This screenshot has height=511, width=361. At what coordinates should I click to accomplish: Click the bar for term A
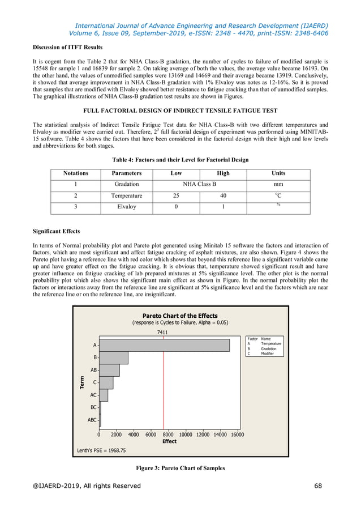[164, 344]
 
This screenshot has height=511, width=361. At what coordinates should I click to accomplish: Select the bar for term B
[114, 357]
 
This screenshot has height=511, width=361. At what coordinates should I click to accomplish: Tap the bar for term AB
[110, 370]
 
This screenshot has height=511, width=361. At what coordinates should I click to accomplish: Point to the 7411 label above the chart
[162, 333]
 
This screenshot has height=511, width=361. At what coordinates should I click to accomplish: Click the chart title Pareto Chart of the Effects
[179, 316]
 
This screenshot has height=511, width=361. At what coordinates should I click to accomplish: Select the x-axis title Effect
[169, 441]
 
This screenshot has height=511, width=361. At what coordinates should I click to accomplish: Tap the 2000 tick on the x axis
[116, 435]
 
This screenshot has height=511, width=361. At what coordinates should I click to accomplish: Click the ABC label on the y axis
[91, 420]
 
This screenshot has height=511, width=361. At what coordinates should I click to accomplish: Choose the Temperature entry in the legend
[270, 343]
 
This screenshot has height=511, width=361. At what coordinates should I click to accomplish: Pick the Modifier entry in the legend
[267, 354]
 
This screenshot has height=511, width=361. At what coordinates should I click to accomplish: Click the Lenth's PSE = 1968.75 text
[101, 451]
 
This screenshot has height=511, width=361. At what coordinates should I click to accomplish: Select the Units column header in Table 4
[278, 173]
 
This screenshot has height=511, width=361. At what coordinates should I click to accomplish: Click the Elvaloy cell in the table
[127, 207]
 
